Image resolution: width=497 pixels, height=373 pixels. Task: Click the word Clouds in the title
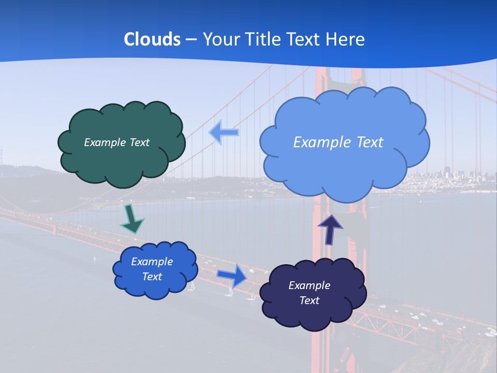152,39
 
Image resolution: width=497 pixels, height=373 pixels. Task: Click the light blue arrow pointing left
224,132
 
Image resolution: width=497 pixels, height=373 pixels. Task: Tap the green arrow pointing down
131,219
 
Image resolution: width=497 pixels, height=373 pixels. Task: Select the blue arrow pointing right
232,275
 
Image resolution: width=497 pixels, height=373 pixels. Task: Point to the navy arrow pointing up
330,229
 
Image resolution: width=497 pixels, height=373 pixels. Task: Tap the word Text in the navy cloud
309,300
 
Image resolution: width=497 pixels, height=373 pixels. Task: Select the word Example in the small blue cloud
152,262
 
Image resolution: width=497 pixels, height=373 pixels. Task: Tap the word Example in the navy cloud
309,285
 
